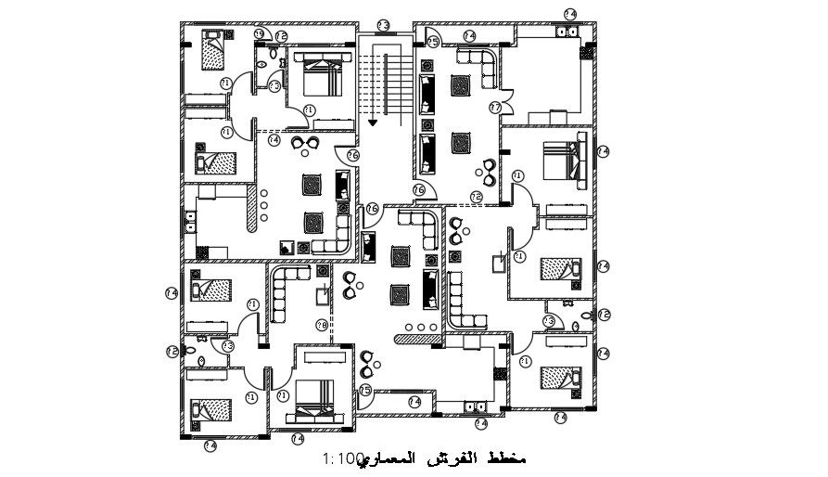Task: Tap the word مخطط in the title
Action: [x=512, y=459]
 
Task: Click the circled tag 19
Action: [x=259, y=34]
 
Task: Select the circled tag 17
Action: [x=495, y=108]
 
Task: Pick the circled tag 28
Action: [x=321, y=325]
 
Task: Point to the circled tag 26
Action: [x=352, y=155]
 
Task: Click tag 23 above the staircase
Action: [x=381, y=25]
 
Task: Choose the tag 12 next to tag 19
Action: [x=281, y=36]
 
